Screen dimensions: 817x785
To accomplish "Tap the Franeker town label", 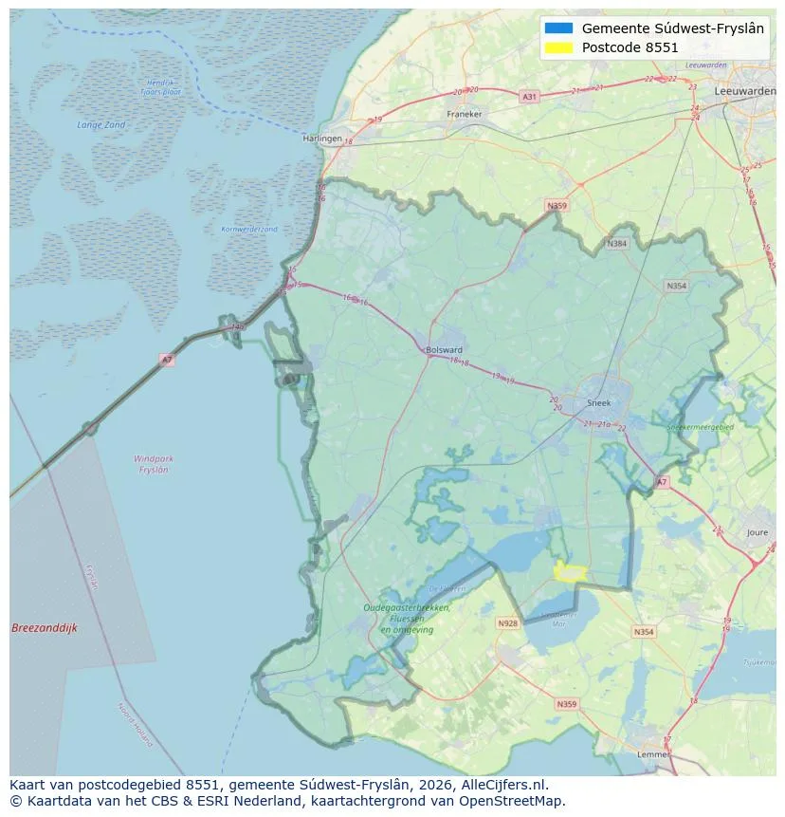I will click(465, 114).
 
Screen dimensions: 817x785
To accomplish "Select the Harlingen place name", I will click(321, 139).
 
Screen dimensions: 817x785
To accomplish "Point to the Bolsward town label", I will click(445, 349).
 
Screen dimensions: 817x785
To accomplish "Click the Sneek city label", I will click(598, 402).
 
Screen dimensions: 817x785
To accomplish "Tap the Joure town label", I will click(757, 533).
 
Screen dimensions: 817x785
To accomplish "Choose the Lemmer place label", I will click(654, 754).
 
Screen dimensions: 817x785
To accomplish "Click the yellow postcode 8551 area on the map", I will click(570, 571).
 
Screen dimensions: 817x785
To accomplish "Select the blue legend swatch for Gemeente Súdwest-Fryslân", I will click(559, 28).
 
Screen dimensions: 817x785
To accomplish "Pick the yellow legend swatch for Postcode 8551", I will click(559, 47).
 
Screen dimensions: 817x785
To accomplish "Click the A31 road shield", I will click(529, 97).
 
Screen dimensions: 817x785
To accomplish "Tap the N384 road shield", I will click(617, 244).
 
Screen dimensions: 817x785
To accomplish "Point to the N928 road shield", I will click(508, 623).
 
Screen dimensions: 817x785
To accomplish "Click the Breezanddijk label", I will click(45, 628).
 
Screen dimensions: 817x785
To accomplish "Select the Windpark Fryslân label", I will click(153, 464).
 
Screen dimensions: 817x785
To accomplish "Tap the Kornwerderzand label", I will click(248, 230).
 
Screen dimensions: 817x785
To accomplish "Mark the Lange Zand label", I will click(100, 124).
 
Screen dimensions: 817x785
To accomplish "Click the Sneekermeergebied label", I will click(700, 428).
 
